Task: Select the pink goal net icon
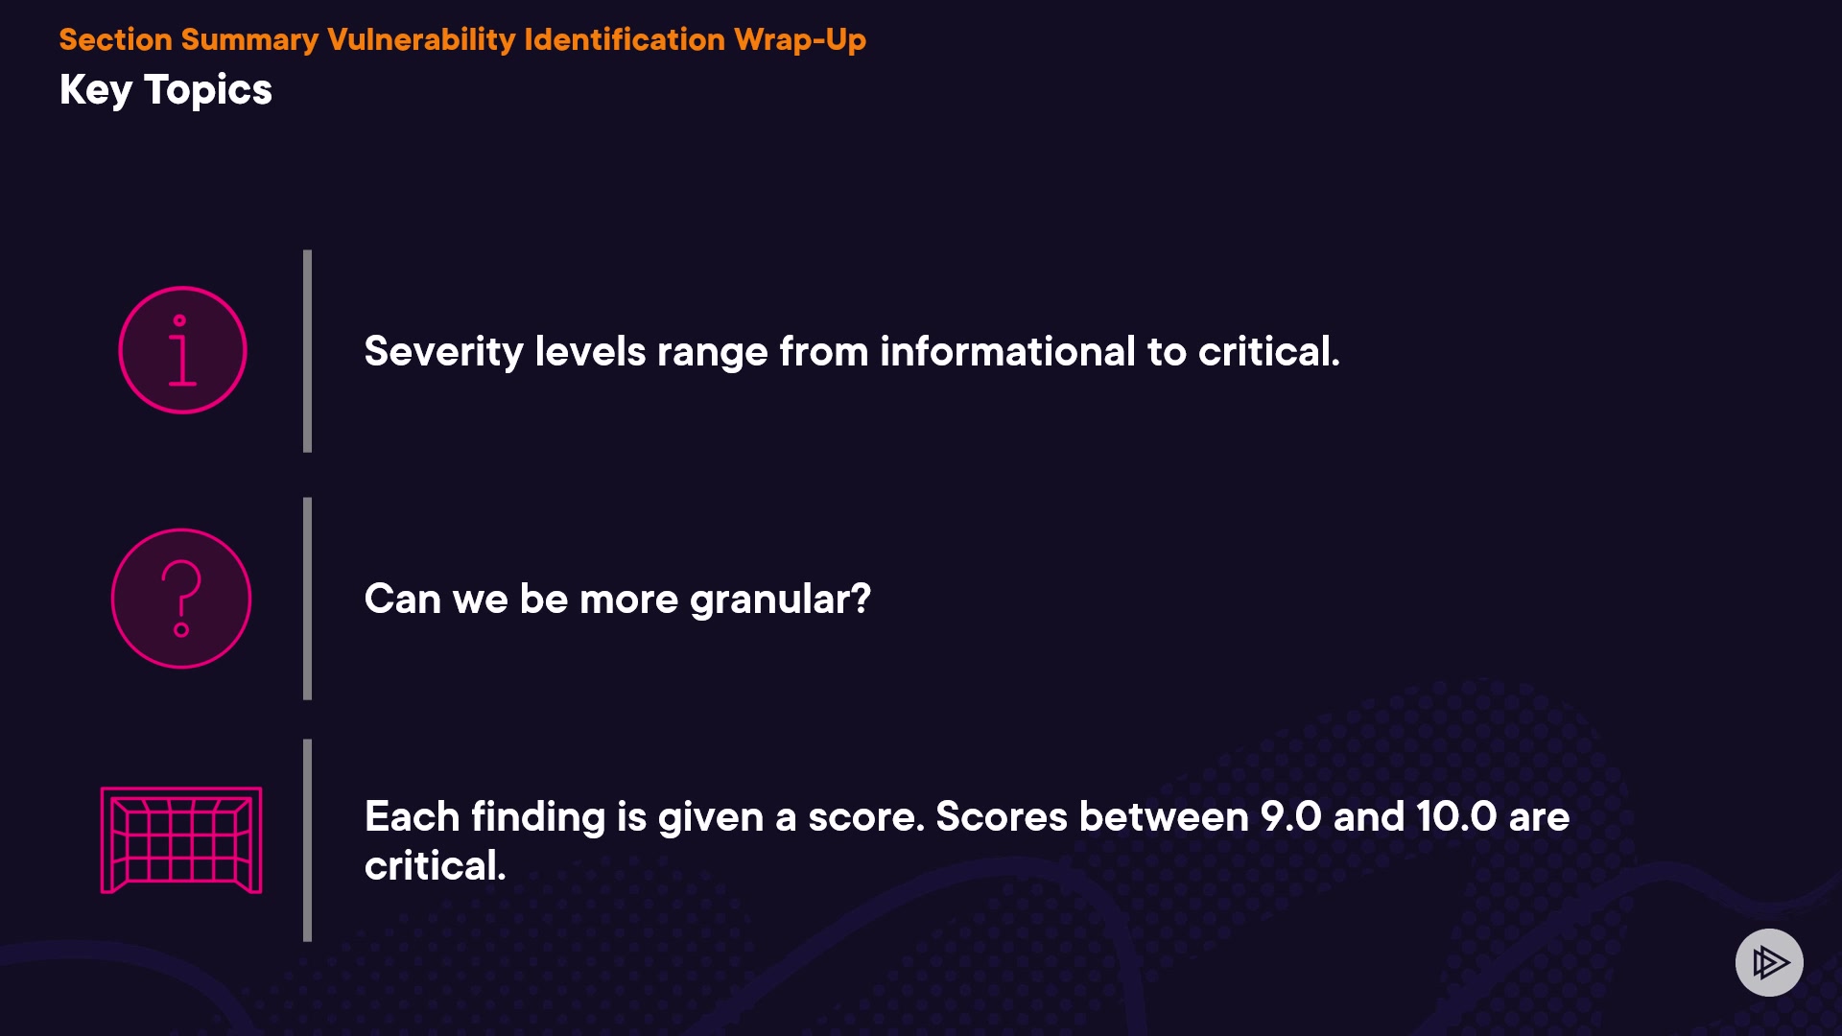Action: [x=181, y=840]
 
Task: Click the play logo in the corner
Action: [x=1769, y=962]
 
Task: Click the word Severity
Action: [x=443, y=352]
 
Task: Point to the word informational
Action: [x=1007, y=351]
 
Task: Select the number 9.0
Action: [x=1290, y=817]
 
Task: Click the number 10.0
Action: [x=1456, y=817]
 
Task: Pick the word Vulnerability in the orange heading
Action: [x=421, y=39]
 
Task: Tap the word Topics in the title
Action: [x=208, y=91]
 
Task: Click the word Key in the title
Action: [x=96, y=91]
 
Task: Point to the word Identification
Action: [x=625, y=39]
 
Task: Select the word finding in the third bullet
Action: [x=538, y=818]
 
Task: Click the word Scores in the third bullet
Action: [x=1002, y=817]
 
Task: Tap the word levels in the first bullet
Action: [x=590, y=351]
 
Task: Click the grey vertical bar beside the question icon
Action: [x=307, y=599]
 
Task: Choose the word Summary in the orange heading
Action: [x=249, y=40]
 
